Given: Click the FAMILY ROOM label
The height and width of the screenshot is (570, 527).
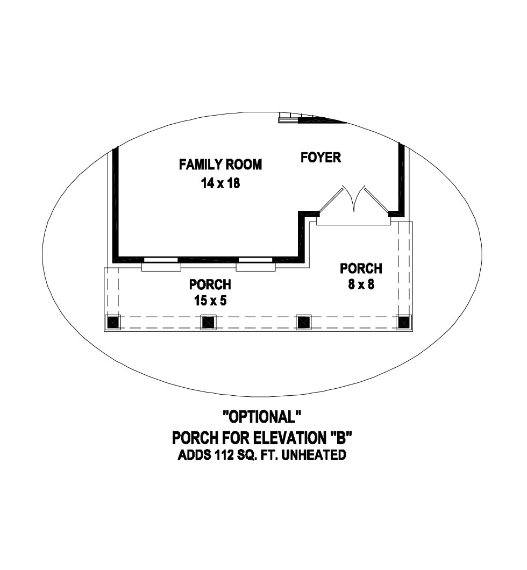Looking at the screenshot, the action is click(x=220, y=165).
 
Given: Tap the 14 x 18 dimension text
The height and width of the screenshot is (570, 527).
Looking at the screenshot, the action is click(x=220, y=183).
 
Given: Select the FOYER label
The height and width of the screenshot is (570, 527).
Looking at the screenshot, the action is click(x=321, y=158).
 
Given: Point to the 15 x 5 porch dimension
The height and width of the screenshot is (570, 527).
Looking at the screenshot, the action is click(x=210, y=301).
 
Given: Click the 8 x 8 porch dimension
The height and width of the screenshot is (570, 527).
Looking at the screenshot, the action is click(x=361, y=284).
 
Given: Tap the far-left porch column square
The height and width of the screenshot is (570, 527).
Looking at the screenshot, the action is click(x=113, y=322).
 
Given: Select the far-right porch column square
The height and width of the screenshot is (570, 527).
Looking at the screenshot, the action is click(x=403, y=322).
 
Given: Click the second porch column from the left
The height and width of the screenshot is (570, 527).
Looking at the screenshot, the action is click(x=209, y=322).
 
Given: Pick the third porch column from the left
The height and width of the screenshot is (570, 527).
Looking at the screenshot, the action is click(x=303, y=322).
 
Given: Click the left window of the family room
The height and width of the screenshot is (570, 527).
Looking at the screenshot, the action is click(x=161, y=264).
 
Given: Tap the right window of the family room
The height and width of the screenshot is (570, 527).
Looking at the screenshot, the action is click(x=256, y=264).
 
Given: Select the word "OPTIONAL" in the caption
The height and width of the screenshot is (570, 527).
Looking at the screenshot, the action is click(x=262, y=417).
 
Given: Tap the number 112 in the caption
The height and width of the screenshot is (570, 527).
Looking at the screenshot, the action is click(x=223, y=455).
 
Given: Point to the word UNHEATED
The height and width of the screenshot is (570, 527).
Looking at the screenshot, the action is click(x=314, y=455).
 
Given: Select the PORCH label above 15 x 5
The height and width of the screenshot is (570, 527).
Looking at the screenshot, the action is click(x=210, y=284).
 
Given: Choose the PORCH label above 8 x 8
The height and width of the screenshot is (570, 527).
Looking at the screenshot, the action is click(x=361, y=269).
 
